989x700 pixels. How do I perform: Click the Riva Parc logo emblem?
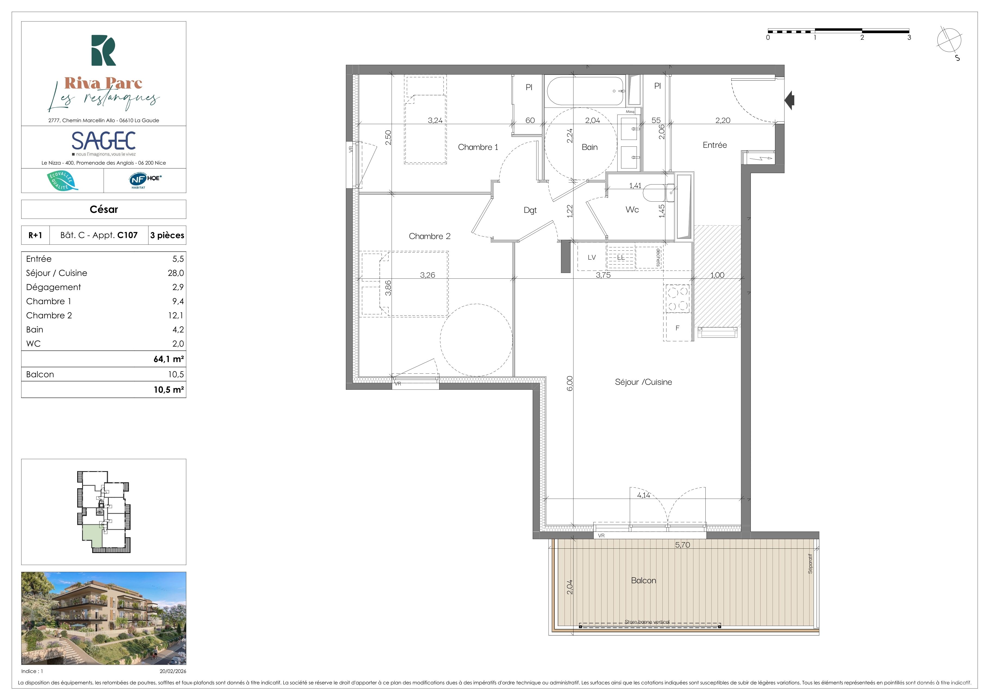(103, 50)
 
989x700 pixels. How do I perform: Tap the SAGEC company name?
(103, 141)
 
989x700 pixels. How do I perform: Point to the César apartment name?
(104, 210)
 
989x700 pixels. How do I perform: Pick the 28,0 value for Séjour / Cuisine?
(176, 273)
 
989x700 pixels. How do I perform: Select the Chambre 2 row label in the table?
(49, 315)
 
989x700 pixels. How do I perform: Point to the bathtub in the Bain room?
(586, 91)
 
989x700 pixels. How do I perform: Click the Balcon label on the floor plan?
(644, 581)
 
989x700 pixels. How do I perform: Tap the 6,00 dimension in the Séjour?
(569, 383)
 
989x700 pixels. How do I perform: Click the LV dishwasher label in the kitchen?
(592, 257)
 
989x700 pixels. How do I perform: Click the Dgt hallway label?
(530, 210)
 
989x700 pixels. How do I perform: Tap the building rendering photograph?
(104, 618)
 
